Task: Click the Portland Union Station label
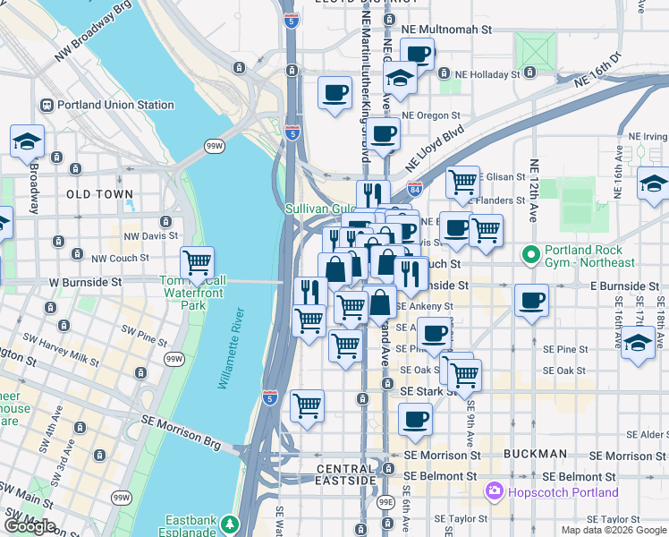tap(115, 105)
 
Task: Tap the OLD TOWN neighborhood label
tap(99, 193)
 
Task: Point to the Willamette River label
tap(231, 348)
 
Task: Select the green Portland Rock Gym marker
tap(531, 256)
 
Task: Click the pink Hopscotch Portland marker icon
tap(493, 492)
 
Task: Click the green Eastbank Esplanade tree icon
tap(232, 522)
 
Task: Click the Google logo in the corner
tap(30, 526)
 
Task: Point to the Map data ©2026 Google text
tap(613, 530)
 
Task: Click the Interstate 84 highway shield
tap(414, 190)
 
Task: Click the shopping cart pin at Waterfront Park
tap(197, 264)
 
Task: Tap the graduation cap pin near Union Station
tap(28, 141)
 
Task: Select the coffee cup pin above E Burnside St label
tap(532, 300)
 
